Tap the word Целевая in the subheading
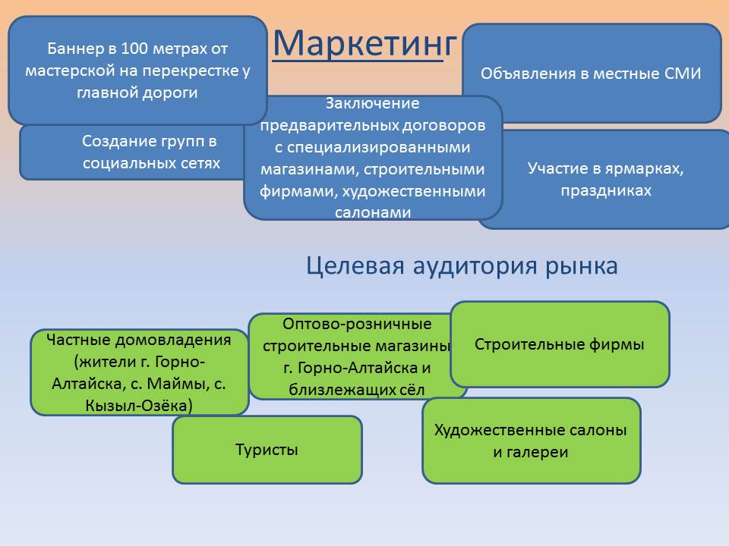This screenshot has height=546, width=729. [355, 266]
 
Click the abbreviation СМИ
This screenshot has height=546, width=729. [683, 74]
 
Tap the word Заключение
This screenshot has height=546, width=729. [372, 103]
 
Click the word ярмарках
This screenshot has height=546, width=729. [645, 168]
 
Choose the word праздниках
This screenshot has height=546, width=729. [606, 191]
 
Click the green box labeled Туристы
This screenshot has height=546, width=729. [267, 450]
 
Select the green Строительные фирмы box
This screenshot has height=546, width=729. [560, 344]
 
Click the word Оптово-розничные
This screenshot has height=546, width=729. [357, 324]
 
